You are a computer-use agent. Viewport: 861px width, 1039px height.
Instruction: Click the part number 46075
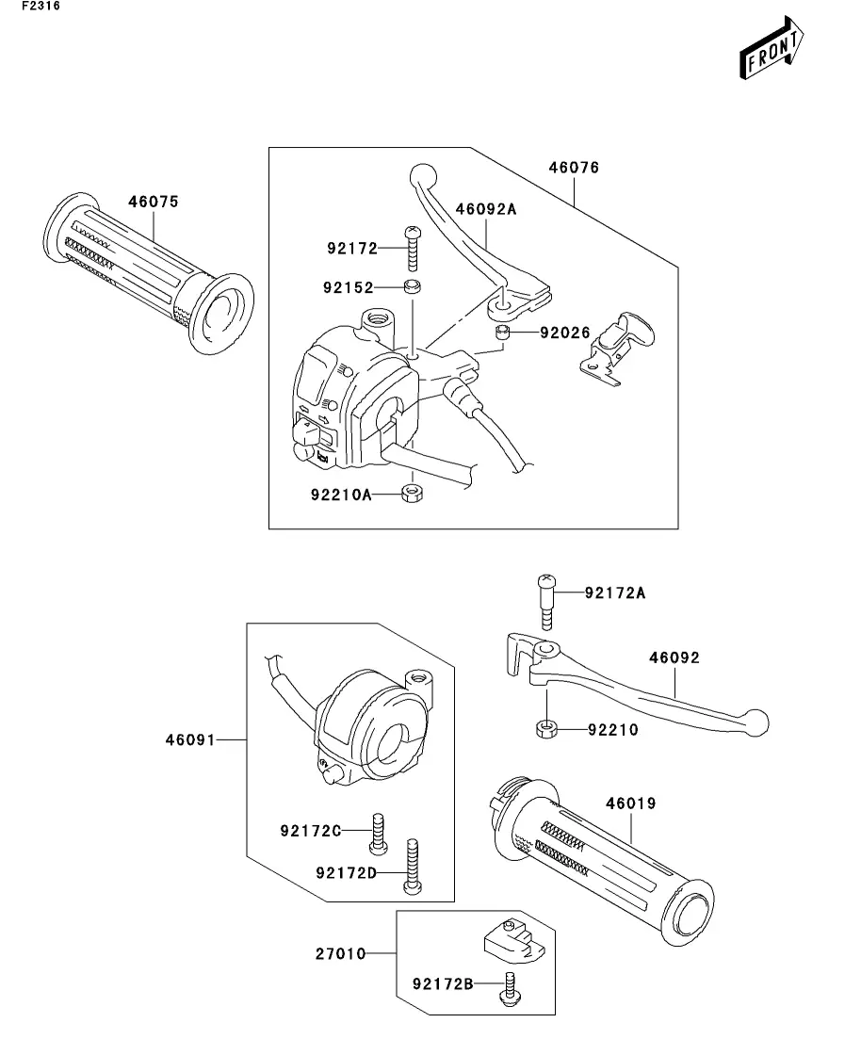pyautogui.click(x=154, y=202)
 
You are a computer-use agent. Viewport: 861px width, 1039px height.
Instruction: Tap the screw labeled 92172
pyautogui.click(x=413, y=248)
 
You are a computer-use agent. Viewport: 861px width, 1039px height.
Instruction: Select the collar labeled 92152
pyautogui.click(x=413, y=287)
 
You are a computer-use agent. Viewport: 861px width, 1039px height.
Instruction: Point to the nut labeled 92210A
pyautogui.click(x=412, y=493)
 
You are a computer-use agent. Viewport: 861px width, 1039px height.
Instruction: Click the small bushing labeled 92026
pyautogui.click(x=502, y=332)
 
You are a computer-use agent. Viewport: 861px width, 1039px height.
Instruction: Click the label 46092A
pyautogui.click(x=486, y=209)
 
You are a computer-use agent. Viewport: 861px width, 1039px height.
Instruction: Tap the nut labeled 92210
pyautogui.click(x=546, y=729)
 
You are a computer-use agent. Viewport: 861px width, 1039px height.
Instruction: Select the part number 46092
pyautogui.click(x=674, y=658)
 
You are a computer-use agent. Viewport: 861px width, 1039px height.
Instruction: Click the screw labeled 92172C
pyautogui.click(x=378, y=833)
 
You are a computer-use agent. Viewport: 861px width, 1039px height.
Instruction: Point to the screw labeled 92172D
pyautogui.click(x=413, y=866)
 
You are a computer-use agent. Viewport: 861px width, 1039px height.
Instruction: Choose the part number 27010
pyautogui.click(x=341, y=953)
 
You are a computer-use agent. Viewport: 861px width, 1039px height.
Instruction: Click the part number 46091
pyautogui.click(x=191, y=739)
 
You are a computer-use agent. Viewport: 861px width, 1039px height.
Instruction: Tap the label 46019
pyautogui.click(x=631, y=804)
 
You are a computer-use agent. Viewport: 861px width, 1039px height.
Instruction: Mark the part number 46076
pyautogui.click(x=574, y=168)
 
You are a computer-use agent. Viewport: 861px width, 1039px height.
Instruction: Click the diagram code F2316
pyautogui.click(x=41, y=6)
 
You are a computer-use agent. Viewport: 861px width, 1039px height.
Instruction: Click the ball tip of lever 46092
pyautogui.click(x=757, y=722)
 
